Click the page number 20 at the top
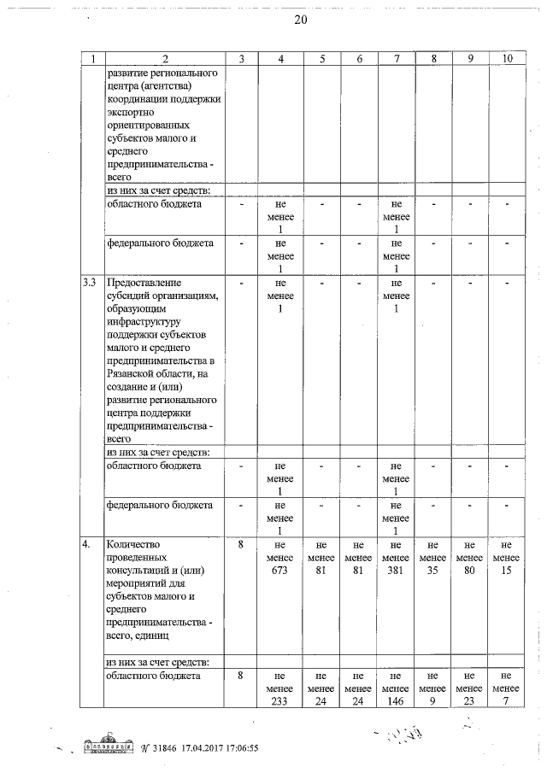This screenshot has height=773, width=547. pyautogui.click(x=300, y=20)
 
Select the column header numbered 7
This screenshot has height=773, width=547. pyautogui.click(x=396, y=58)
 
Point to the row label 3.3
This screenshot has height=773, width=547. pyautogui.click(x=88, y=282)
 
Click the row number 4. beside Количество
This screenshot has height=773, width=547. pyautogui.click(x=85, y=544)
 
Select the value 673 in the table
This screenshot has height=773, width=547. pyautogui.click(x=279, y=571)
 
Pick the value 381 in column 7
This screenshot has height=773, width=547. pyautogui.click(x=396, y=571)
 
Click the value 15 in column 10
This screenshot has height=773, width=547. pyautogui.click(x=507, y=571)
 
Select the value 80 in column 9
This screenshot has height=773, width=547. pyautogui.click(x=470, y=571)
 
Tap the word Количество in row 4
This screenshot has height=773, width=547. pyautogui.click(x=135, y=544)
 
